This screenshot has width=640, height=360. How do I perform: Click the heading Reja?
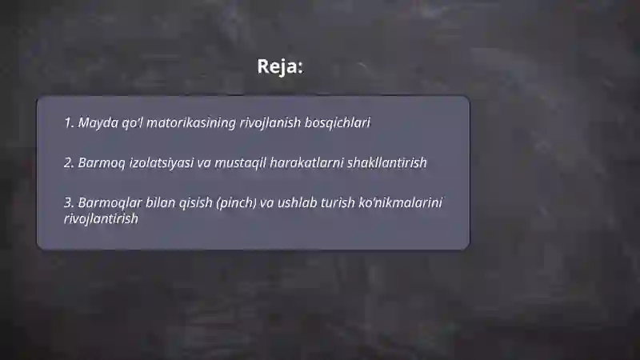click(280, 66)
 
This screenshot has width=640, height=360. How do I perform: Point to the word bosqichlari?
click(338, 123)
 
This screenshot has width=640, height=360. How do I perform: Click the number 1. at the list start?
click(69, 123)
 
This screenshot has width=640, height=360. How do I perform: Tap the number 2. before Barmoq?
click(69, 162)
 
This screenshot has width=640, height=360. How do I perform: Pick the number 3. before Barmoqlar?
click(69, 202)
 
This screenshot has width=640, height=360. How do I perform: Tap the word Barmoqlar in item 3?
click(107, 202)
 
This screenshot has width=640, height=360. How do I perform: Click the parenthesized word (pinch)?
click(235, 202)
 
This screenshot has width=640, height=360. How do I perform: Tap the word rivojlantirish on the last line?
click(101, 218)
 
